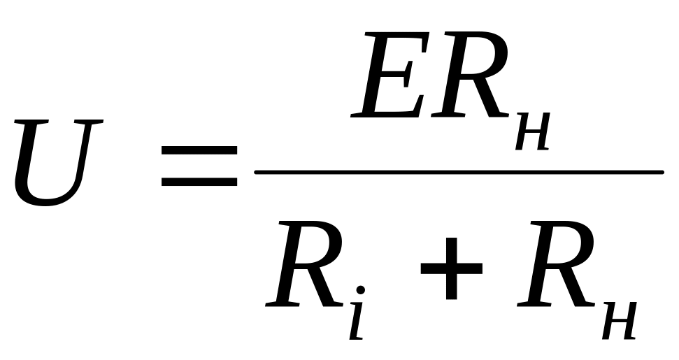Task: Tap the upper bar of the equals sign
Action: tap(199, 150)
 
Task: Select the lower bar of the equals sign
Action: tap(199, 181)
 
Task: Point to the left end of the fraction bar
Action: tap(255, 172)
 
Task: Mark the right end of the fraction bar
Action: tap(662, 172)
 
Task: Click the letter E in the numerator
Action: tap(389, 74)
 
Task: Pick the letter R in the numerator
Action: tap(470, 74)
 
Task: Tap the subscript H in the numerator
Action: tap(533, 131)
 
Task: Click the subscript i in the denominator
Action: tap(357, 312)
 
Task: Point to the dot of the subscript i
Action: tap(360, 289)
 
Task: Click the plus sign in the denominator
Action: tap(451, 268)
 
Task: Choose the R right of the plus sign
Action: tap(555, 264)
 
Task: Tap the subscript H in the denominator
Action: tap(620, 320)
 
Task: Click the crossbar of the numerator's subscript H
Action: tap(533, 131)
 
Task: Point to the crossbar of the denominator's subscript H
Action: tap(620, 320)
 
